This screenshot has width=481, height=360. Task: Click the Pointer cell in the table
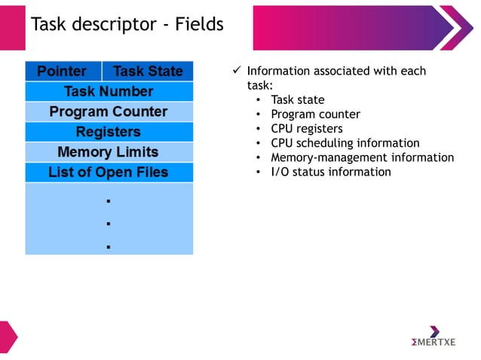coord(63,72)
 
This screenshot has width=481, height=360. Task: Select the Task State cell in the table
coord(148,72)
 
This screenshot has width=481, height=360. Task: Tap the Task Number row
coord(109,92)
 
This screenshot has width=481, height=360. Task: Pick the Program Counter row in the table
coord(109,112)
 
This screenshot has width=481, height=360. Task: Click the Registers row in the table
coord(109,133)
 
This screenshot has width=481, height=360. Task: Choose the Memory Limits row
coord(109,152)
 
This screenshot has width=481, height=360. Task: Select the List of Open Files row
coord(109,172)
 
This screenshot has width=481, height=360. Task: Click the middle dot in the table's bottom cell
coord(109,224)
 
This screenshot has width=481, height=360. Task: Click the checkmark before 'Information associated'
coord(236,71)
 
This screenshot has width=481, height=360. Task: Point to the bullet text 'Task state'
coord(298,100)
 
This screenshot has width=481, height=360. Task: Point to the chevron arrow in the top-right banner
coord(457,28)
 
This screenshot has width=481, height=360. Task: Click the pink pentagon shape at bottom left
coord(8,336)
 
